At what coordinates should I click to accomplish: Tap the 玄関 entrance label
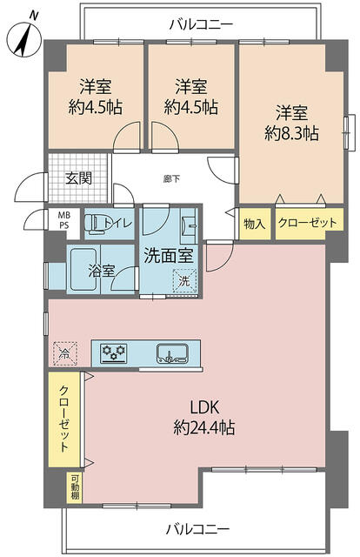point(79,178)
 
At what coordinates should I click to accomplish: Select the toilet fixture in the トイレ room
point(94,224)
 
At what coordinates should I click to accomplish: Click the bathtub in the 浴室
point(83,269)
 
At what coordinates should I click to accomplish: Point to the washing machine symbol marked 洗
point(184,280)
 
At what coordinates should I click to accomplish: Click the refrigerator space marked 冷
point(64,353)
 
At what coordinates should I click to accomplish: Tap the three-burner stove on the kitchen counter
point(114,353)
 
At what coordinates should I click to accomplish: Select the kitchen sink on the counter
point(172,354)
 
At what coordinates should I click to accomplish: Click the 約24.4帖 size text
point(203,427)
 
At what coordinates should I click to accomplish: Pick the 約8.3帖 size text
point(291,133)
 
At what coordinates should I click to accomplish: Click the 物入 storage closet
point(255,224)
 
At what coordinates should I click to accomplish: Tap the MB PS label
point(64,220)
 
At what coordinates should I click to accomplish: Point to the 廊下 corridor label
point(172,178)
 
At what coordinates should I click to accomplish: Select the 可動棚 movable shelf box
point(75,487)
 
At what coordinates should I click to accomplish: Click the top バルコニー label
point(201,24)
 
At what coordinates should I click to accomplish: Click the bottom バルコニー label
point(197,529)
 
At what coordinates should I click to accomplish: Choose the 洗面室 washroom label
point(168,255)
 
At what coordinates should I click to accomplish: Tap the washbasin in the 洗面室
point(189,225)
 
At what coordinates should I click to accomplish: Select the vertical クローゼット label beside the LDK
point(63,419)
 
